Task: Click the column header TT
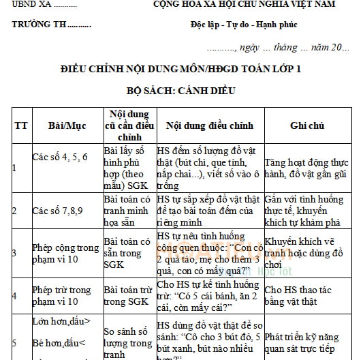tap(21, 126)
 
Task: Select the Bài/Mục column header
tap(65, 126)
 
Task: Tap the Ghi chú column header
tap(307, 126)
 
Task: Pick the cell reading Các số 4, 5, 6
tap(60, 157)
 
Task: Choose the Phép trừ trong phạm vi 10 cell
tap(65, 295)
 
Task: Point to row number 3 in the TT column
tap(14, 253)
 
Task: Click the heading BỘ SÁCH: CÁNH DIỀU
tap(180, 90)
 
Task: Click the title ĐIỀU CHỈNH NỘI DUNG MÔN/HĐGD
tap(180, 70)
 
